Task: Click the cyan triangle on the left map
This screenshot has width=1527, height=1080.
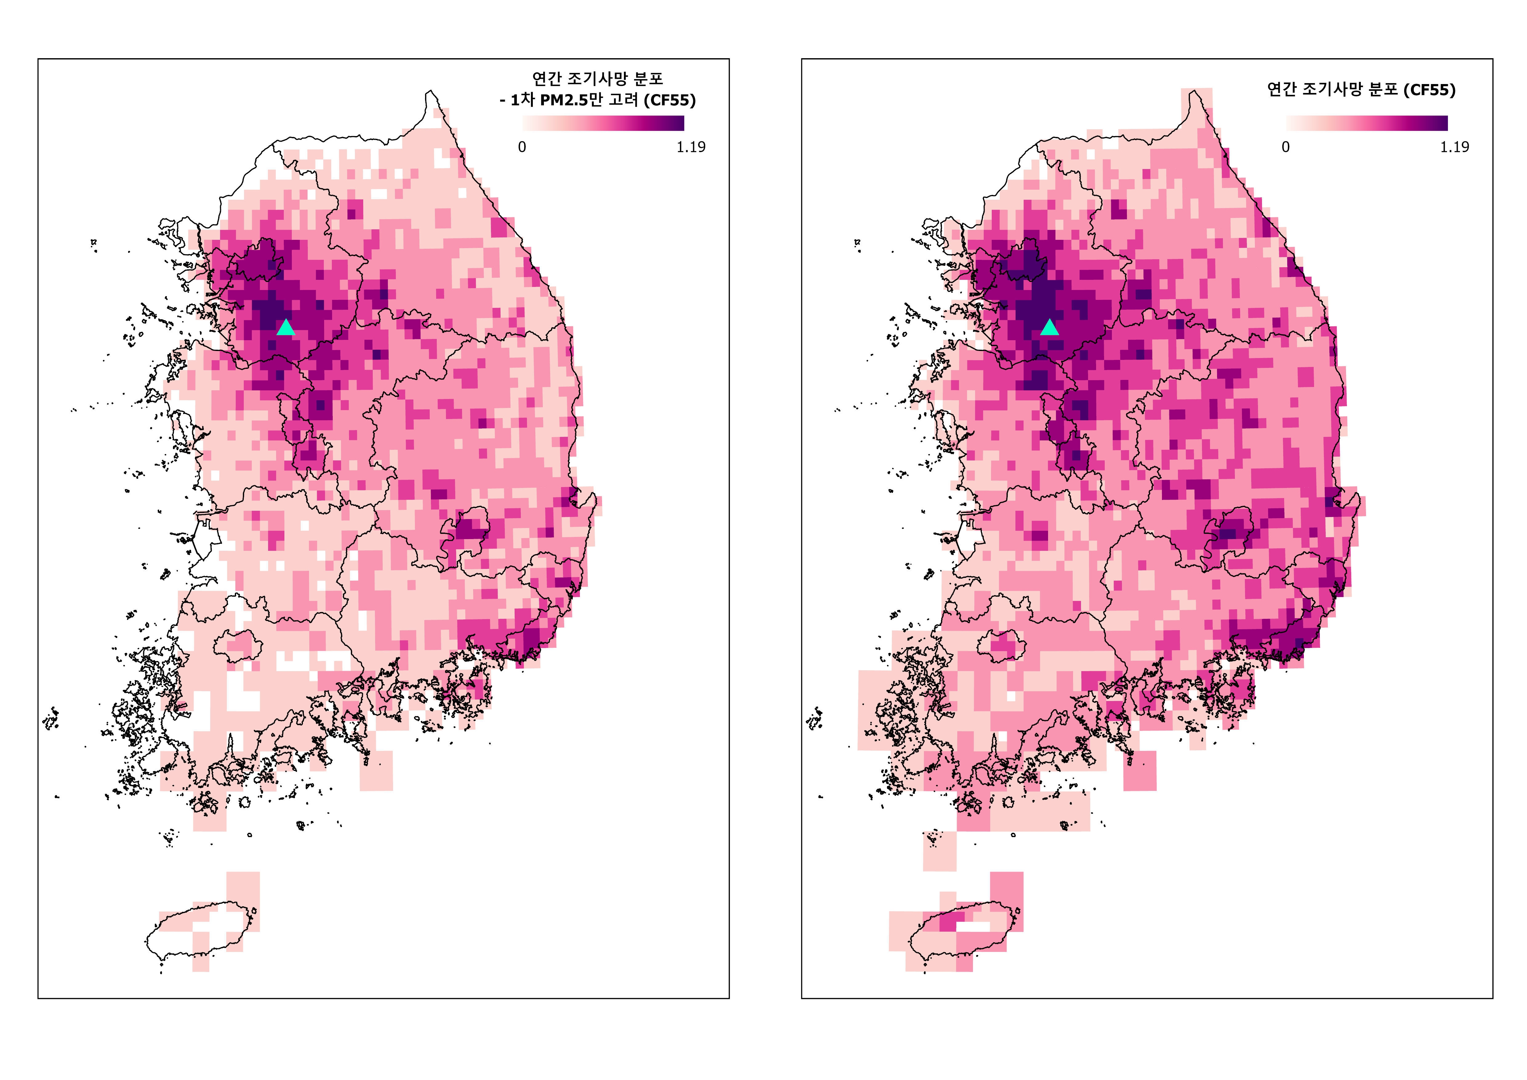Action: [285, 327]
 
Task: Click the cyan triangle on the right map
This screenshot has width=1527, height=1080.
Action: [1049, 327]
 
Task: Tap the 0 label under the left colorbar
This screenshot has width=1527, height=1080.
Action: [522, 147]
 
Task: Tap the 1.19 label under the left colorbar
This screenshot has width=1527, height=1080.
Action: [691, 147]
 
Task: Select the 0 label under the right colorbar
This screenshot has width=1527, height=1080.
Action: [1286, 147]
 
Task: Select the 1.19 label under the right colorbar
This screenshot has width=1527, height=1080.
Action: [1454, 147]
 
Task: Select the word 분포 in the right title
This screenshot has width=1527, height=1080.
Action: [1382, 90]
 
